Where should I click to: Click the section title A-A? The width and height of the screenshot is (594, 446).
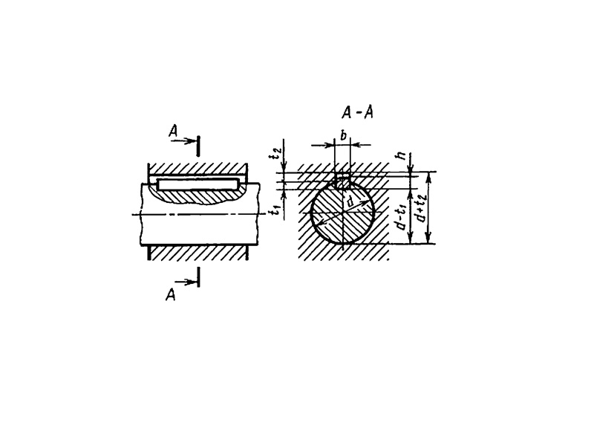357,112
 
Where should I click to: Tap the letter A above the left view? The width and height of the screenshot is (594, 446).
173,132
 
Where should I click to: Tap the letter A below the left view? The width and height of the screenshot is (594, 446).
171,294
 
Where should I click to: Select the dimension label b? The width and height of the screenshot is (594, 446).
343,135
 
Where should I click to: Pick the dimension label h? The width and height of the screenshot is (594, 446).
402,155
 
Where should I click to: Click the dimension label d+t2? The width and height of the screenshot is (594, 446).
420,208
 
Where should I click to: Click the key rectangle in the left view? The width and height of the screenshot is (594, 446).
198,184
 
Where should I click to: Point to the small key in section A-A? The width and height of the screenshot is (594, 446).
343,181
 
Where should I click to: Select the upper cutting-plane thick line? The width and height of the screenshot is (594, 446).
198,146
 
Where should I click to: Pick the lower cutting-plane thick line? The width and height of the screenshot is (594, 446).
198,277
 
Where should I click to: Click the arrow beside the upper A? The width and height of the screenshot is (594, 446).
183,140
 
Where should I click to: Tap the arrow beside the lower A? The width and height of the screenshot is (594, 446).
186,282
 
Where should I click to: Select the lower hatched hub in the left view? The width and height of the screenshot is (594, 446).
198,253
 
